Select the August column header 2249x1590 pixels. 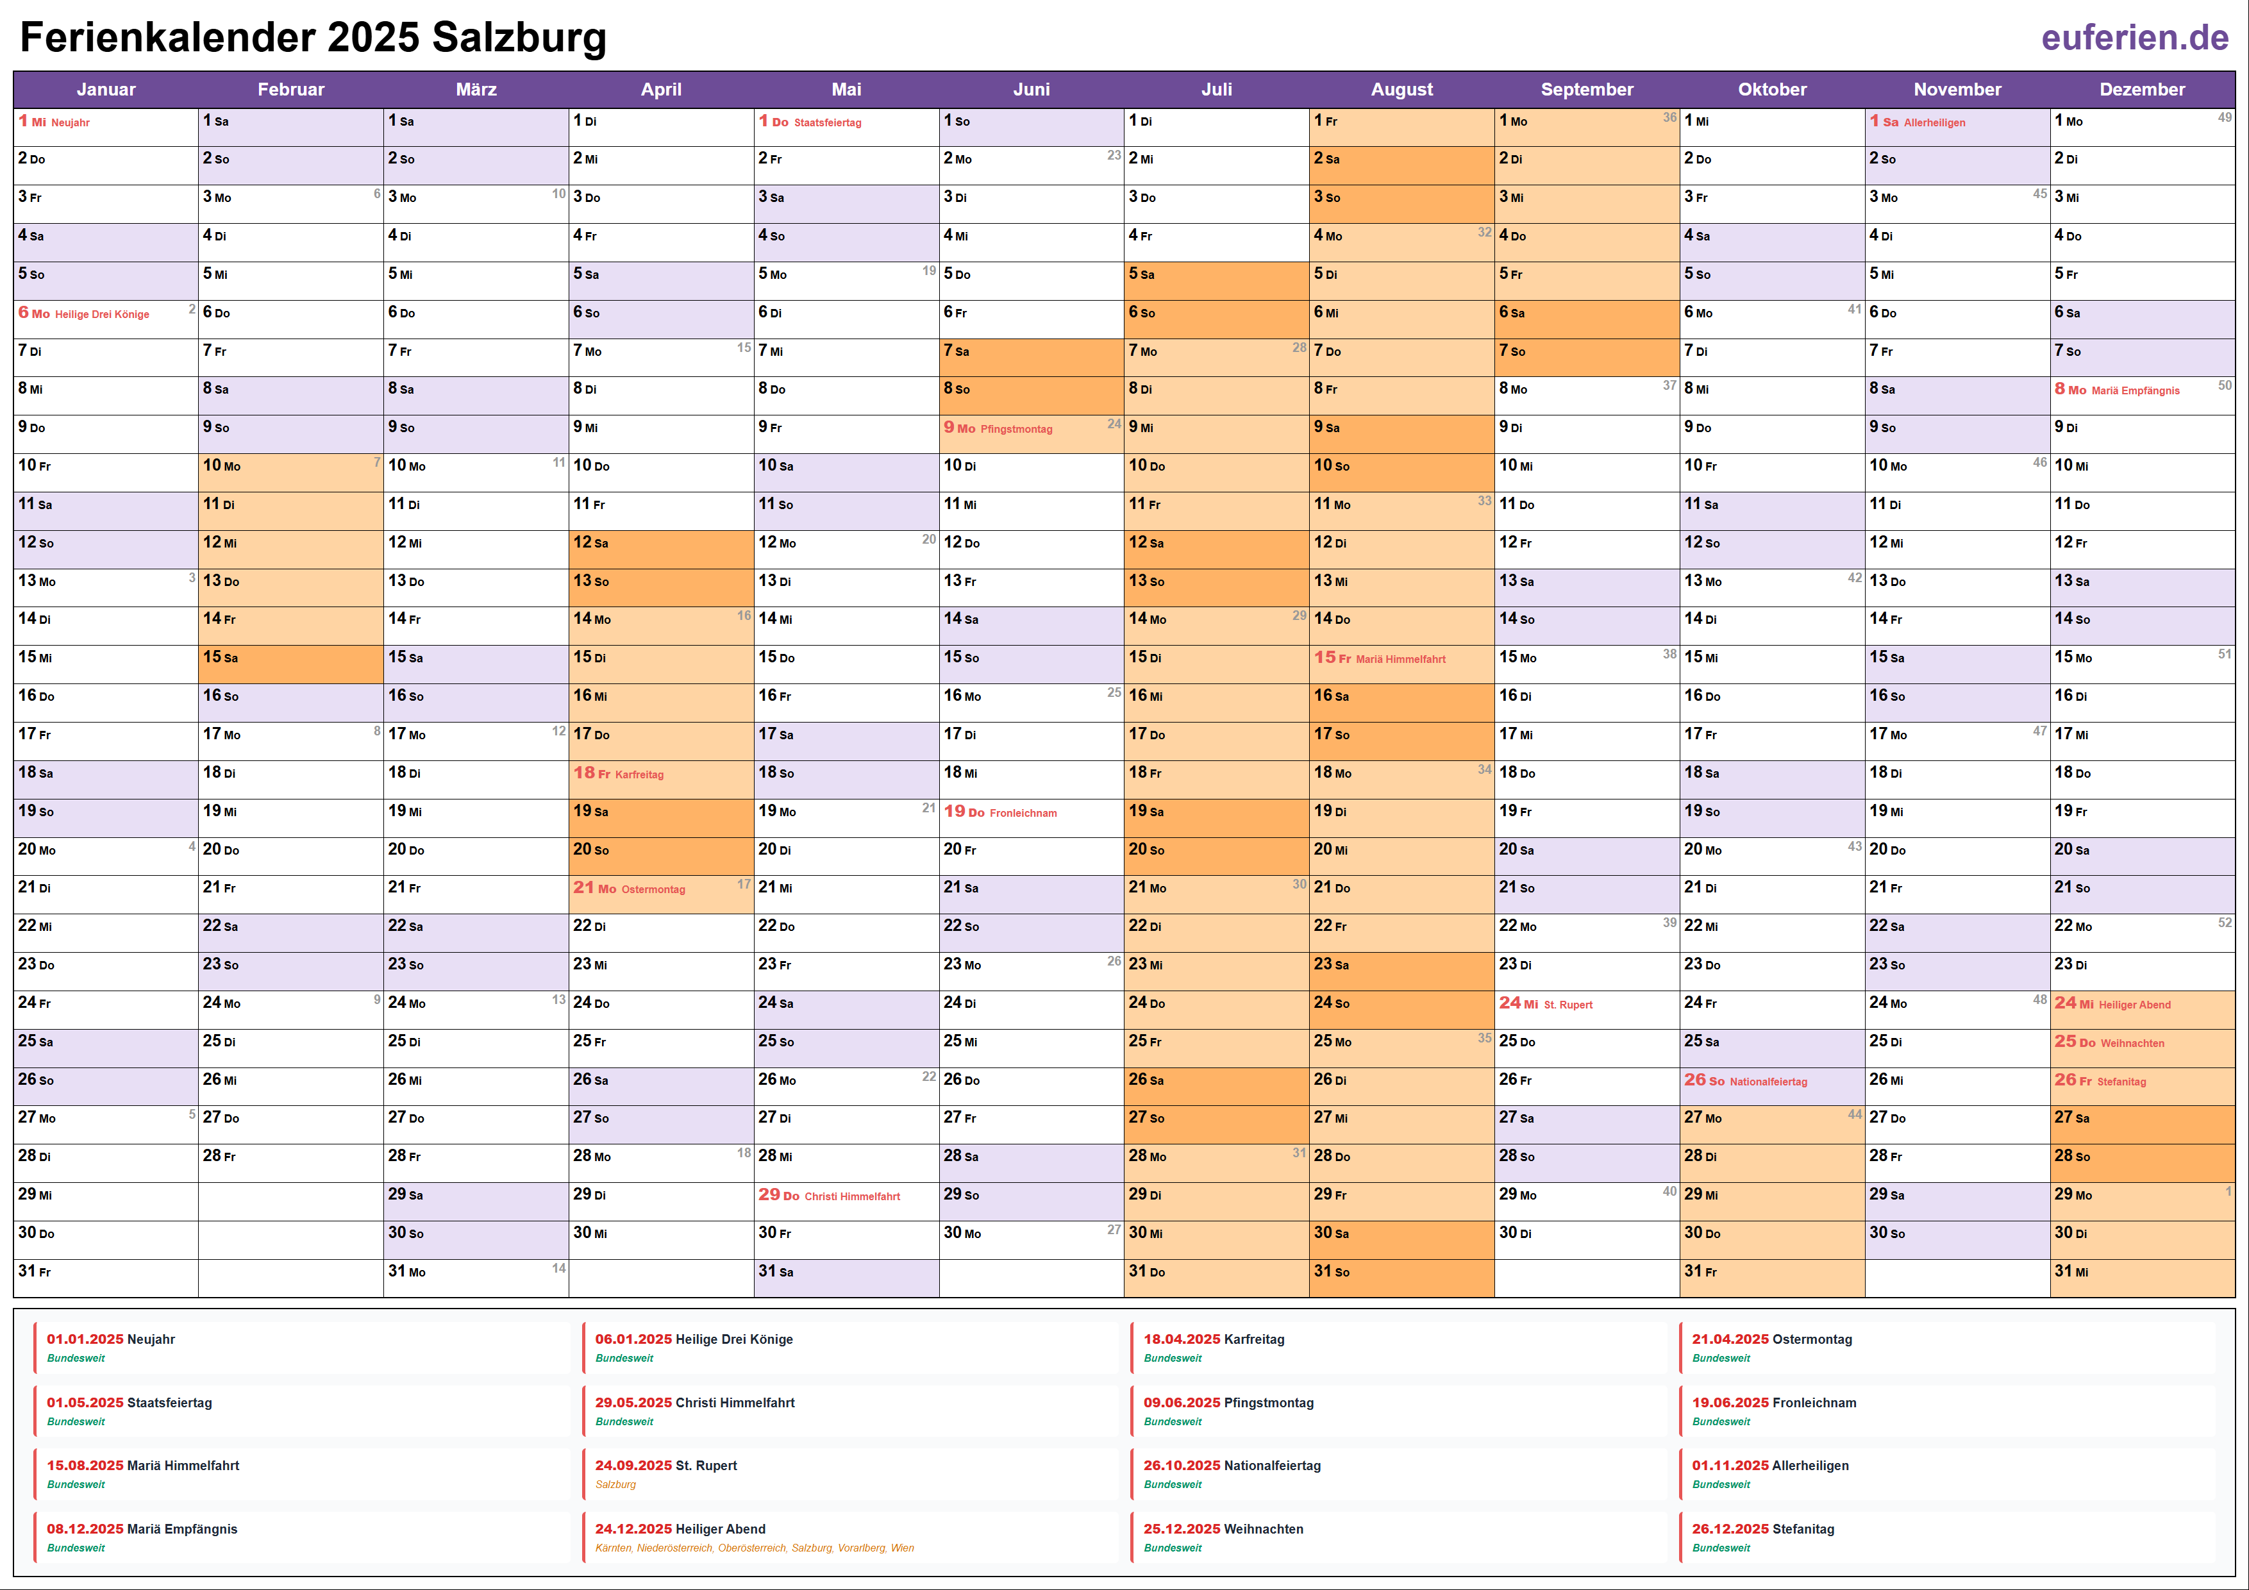[x=1401, y=89]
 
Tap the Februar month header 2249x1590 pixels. [x=291, y=89]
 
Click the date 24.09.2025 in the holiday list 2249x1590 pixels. [x=633, y=1466]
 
